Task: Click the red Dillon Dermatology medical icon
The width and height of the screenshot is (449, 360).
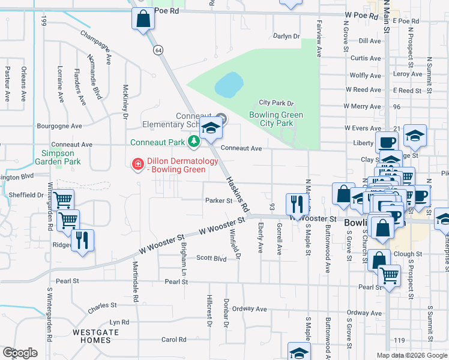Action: click(137, 164)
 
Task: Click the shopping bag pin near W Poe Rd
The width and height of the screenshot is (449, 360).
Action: click(143, 19)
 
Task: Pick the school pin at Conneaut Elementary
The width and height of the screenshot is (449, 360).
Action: click(211, 128)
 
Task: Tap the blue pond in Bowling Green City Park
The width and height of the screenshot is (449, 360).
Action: click(229, 85)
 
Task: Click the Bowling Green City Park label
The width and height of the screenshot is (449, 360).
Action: click(276, 119)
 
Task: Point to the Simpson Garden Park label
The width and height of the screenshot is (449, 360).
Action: click(58, 157)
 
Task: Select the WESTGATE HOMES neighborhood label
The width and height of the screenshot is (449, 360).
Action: click(92, 335)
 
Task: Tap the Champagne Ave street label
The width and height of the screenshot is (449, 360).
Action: click(96, 47)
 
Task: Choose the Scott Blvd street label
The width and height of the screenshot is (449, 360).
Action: click(211, 258)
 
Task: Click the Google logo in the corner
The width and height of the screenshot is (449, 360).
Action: click(20, 353)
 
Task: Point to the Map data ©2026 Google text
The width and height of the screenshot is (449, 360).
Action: click(411, 355)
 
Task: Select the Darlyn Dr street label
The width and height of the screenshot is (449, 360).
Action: click(286, 36)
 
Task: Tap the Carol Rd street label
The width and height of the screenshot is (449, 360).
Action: click(174, 339)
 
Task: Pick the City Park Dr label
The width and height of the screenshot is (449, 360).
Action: click(276, 103)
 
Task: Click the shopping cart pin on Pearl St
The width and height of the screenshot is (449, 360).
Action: click(390, 277)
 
